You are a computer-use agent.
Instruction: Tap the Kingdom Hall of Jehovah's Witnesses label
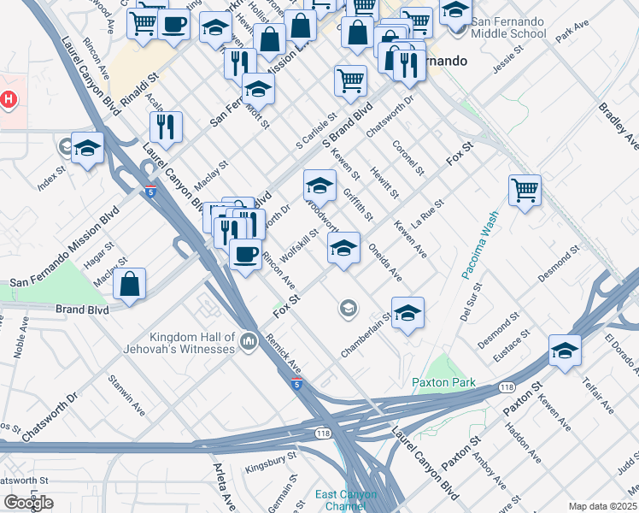(191, 343)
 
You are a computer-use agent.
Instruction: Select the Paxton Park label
(443, 383)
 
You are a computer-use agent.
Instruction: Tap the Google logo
(28, 503)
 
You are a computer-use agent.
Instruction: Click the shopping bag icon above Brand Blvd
(129, 285)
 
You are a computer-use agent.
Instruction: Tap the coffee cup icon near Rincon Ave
(246, 255)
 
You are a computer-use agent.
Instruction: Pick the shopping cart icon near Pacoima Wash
(525, 190)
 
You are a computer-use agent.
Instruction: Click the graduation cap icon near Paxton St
(565, 351)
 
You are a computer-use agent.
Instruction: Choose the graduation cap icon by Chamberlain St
(408, 312)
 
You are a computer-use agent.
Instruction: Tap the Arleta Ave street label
(224, 484)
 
